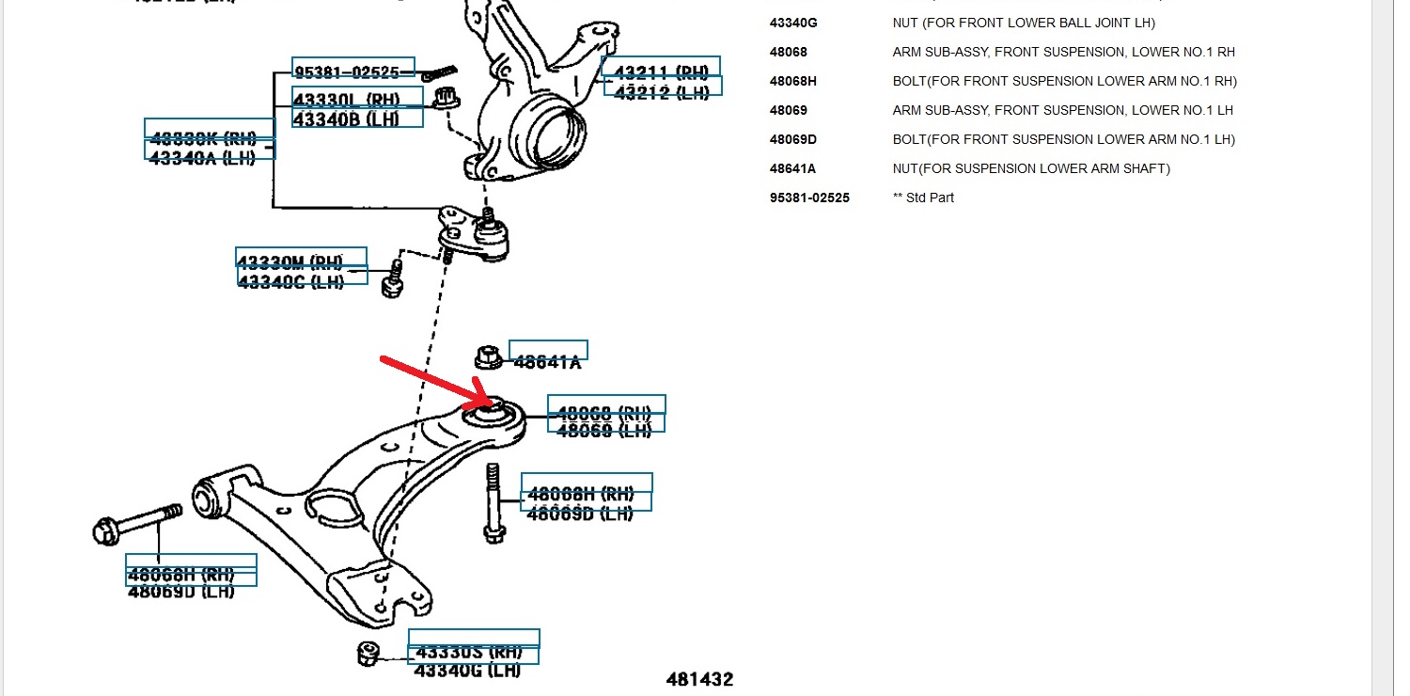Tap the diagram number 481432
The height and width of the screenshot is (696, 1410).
[699, 679]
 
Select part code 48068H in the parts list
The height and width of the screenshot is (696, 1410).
[792, 81]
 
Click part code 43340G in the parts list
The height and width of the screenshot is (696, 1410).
[792, 23]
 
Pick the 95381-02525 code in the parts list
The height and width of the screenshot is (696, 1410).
[809, 198]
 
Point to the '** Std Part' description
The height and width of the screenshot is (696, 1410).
[923, 198]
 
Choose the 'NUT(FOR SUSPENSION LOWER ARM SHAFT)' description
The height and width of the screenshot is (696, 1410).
[1030, 168]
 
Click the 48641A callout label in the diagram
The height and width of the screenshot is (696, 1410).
[547, 361]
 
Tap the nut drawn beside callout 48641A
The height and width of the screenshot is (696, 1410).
[488, 357]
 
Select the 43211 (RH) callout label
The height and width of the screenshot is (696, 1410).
[661, 71]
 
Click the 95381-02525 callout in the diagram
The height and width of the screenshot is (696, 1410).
[352, 71]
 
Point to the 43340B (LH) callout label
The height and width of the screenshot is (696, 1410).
[346, 119]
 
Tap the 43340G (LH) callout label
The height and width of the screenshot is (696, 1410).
[467, 670]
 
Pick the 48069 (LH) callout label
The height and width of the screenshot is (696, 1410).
[604, 430]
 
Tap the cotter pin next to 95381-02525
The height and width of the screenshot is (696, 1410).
[438, 71]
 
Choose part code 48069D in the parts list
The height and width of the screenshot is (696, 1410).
[792, 139]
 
